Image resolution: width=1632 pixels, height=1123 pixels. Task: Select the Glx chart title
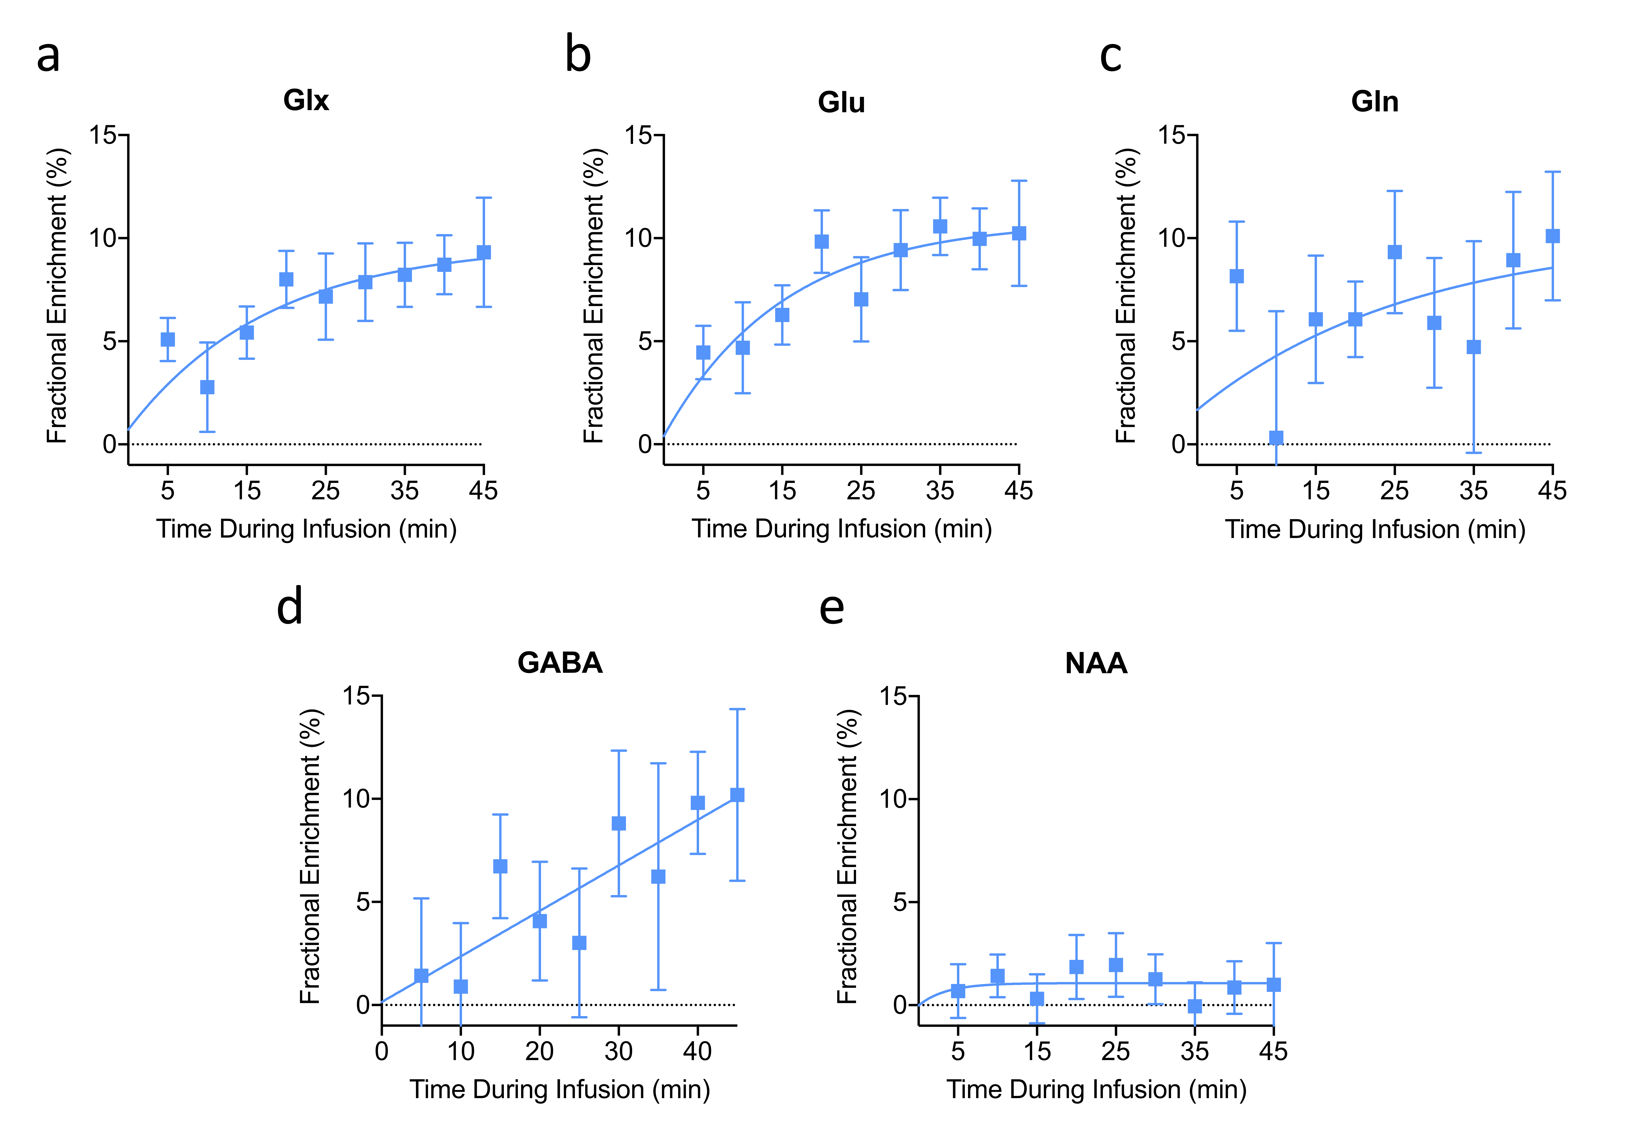(306, 101)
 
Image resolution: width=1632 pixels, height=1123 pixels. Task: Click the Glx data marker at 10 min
(207, 387)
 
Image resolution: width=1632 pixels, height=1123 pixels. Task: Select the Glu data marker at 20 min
(821, 241)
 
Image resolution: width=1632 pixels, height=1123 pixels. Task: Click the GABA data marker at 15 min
(500, 866)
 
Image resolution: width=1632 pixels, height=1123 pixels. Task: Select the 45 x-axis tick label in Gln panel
(1552, 490)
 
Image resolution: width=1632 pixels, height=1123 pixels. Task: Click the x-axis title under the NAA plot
(1096, 1089)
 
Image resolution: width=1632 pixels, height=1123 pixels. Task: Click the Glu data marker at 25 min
(861, 299)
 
